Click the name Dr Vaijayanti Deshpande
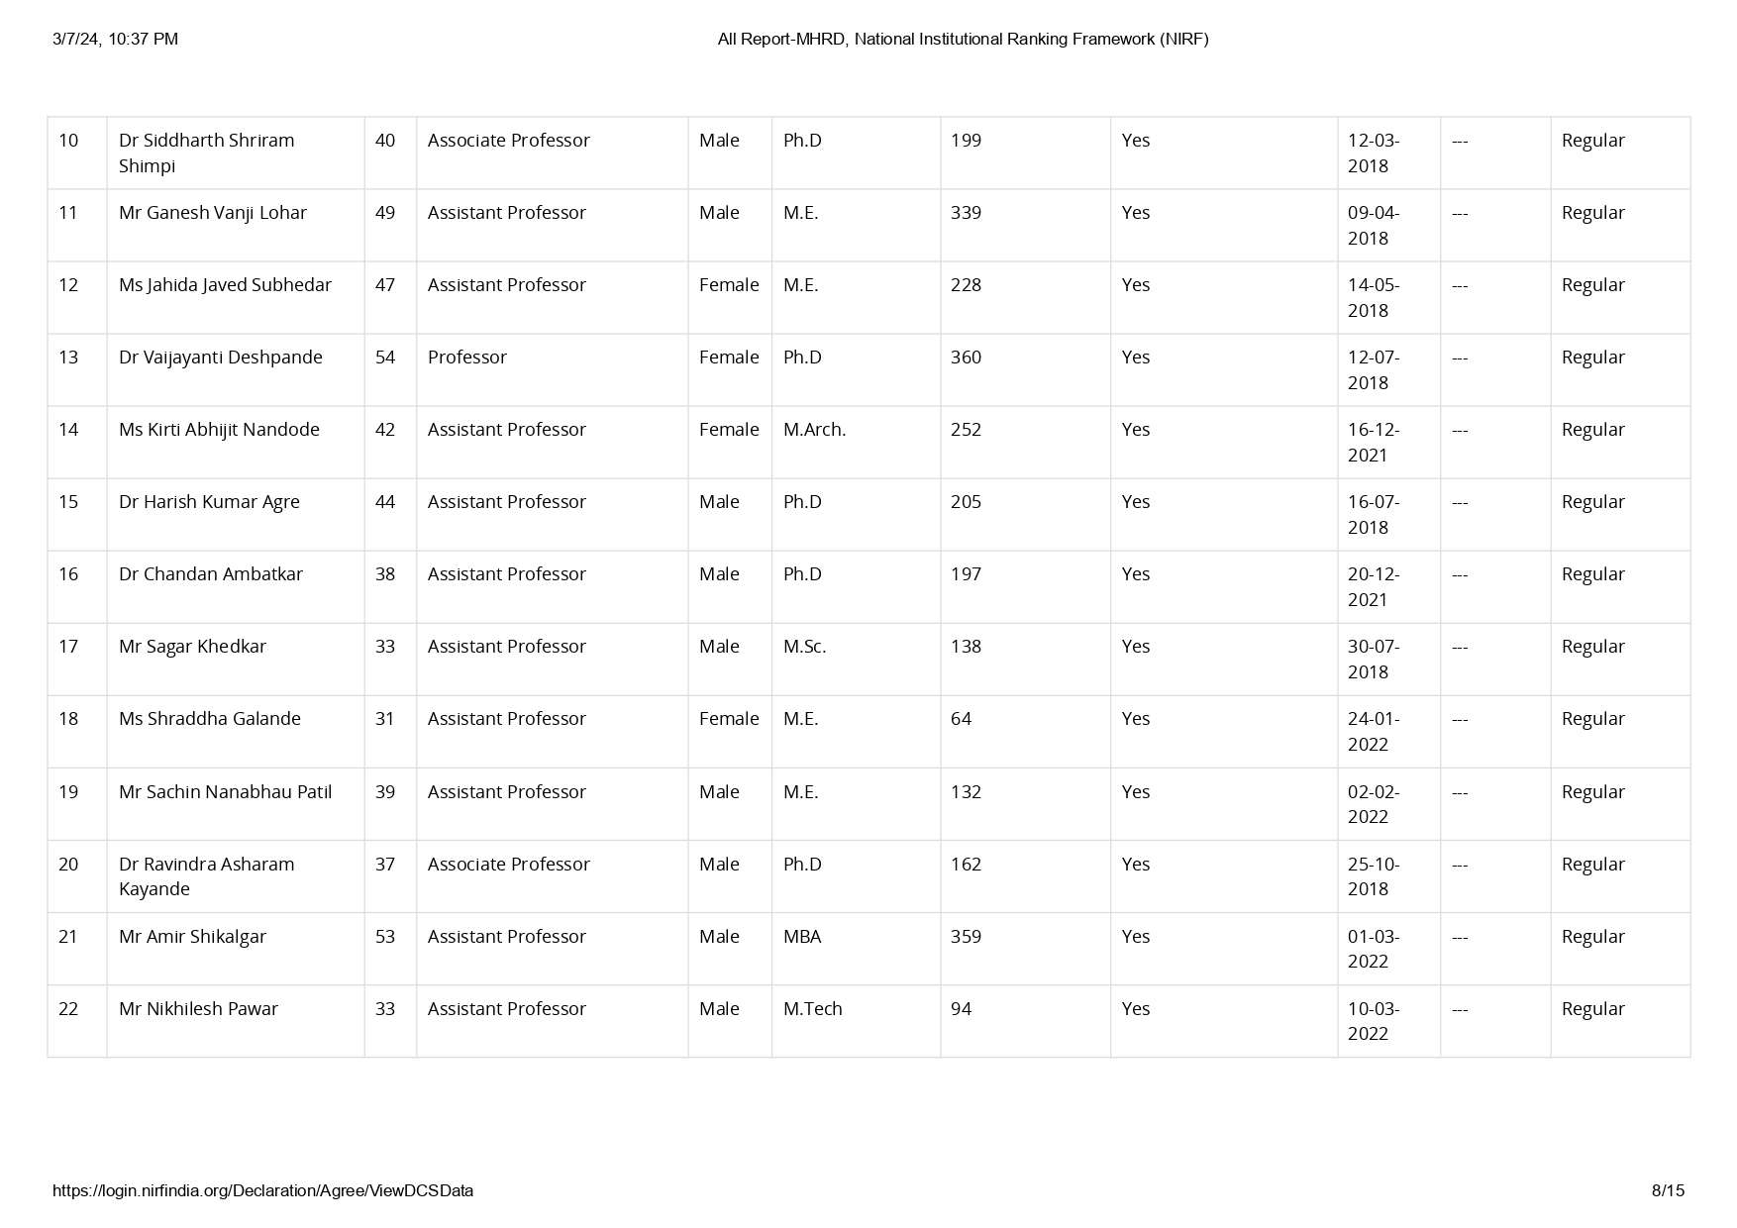[x=220, y=358]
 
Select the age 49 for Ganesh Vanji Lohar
[x=385, y=213]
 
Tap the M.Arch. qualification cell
[x=814, y=430]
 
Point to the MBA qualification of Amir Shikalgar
[x=802, y=937]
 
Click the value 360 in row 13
[x=966, y=358]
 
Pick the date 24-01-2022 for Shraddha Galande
[x=1374, y=732]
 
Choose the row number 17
[x=68, y=647]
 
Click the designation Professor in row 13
[x=466, y=358]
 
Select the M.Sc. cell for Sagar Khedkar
[x=804, y=647]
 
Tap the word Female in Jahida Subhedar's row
[x=729, y=285]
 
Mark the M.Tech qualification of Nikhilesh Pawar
[x=812, y=1009]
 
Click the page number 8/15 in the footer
[x=1668, y=1190]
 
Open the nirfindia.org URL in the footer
[x=262, y=1190]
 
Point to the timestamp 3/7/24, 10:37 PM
[x=116, y=39]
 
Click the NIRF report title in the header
[x=963, y=39]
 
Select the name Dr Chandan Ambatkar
[x=210, y=574]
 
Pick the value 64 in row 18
[x=961, y=719]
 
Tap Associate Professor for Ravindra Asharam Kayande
[x=508, y=865]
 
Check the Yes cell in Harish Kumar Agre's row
[x=1135, y=502]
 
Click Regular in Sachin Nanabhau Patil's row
[x=1592, y=792]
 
